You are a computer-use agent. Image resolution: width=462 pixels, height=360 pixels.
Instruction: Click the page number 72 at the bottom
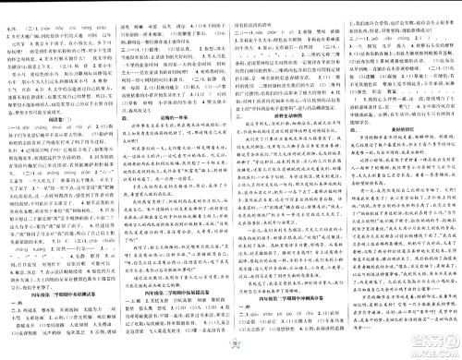230,354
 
